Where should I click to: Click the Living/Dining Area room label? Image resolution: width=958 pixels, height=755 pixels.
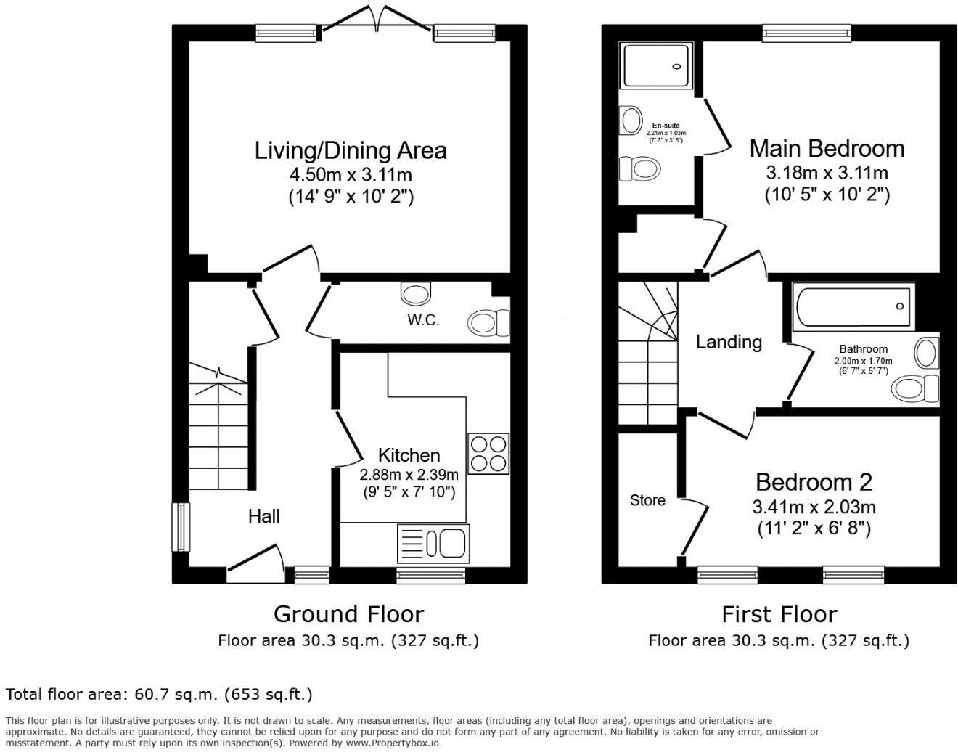click(351, 150)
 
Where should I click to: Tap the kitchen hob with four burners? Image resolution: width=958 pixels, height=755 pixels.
click(488, 454)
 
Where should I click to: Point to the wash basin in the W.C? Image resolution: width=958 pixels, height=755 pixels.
click(416, 293)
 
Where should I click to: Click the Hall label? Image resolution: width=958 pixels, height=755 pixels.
click(263, 516)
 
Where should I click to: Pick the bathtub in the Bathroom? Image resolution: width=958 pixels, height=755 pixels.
click(853, 306)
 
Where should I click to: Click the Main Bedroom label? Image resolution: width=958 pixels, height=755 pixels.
click(827, 148)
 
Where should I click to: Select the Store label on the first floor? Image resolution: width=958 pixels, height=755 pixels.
click(647, 500)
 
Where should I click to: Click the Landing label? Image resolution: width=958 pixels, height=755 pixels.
click(729, 341)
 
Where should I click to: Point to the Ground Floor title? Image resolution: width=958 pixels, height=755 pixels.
click(348, 614)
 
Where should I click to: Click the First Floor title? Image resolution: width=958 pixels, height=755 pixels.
click(779, 614)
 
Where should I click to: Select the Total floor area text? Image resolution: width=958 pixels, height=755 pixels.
click(159, 694)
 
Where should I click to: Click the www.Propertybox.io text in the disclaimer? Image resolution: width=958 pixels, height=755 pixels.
click(393, 743)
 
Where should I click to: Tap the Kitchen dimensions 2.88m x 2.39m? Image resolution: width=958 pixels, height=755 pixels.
click(409, 475)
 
